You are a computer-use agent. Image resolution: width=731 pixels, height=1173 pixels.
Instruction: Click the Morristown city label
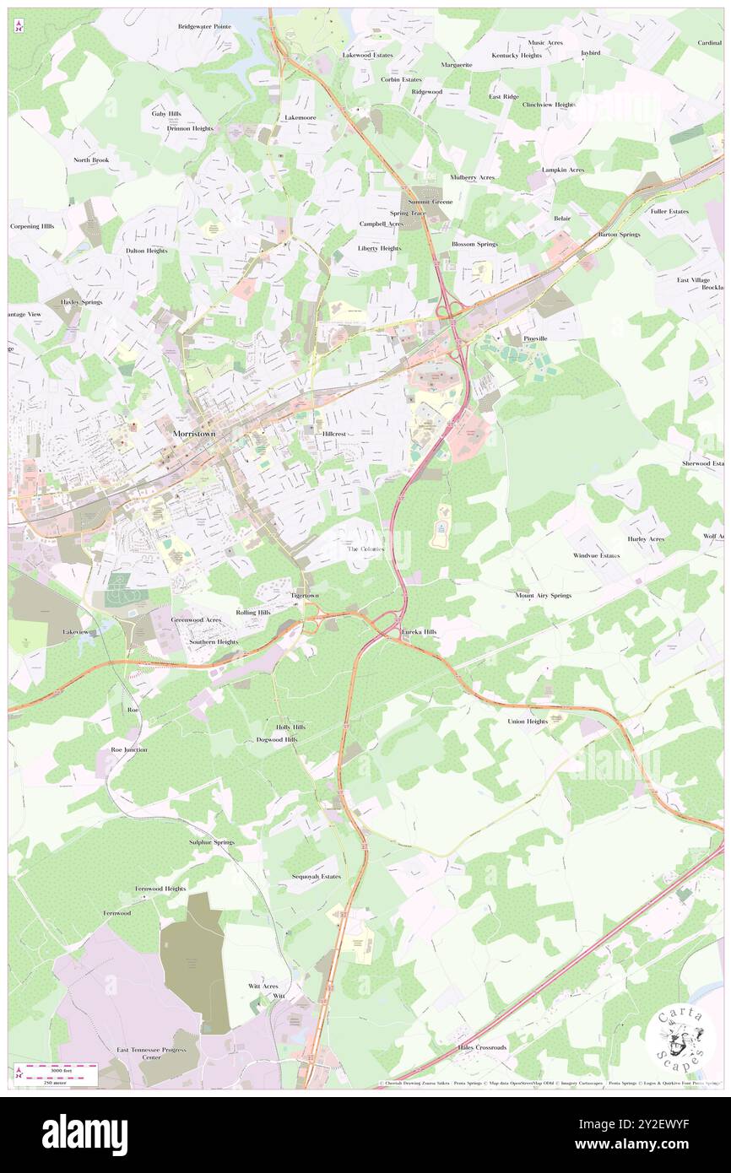point(198,433)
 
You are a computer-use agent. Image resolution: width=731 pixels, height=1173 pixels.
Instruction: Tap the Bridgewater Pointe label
point(204,26)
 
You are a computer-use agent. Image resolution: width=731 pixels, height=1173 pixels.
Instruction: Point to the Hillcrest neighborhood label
point(334,434)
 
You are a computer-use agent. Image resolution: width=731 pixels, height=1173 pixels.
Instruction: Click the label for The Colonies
point(366,549)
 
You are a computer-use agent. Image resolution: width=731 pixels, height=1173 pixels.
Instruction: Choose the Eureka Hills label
point(420,631)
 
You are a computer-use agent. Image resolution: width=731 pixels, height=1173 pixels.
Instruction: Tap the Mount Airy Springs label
point(543,595)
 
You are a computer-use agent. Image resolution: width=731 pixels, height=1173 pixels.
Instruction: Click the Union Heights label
point(528,722)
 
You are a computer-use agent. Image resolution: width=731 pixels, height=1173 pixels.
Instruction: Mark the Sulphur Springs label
point(211,842)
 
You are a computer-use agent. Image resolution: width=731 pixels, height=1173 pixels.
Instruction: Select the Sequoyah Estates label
point(316,876)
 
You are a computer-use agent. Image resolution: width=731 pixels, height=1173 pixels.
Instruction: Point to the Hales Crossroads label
point(483,1047)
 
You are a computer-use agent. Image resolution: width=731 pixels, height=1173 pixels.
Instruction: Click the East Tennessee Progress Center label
point(151,1053)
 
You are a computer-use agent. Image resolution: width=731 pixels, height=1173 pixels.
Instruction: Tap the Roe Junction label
point(129,749)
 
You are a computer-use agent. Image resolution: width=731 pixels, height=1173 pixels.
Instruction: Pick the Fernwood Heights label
point(160,889)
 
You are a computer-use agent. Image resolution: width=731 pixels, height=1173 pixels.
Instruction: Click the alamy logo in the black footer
point(84,1133)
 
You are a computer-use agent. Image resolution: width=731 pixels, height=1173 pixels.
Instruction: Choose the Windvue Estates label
point(596,555)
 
